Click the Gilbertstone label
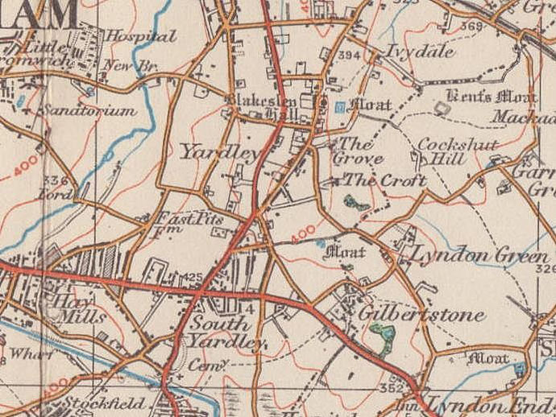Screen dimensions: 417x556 pyautogui.click(x=423, y=313)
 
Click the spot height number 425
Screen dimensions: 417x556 pyautogui.click(x=193, y=278)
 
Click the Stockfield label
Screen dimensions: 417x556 pyautogui.click(x=105, y=403)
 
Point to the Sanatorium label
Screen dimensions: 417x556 pyautogui.click(x=89, y=111)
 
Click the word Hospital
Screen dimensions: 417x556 pyautogui.click(x=141, y=36)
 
